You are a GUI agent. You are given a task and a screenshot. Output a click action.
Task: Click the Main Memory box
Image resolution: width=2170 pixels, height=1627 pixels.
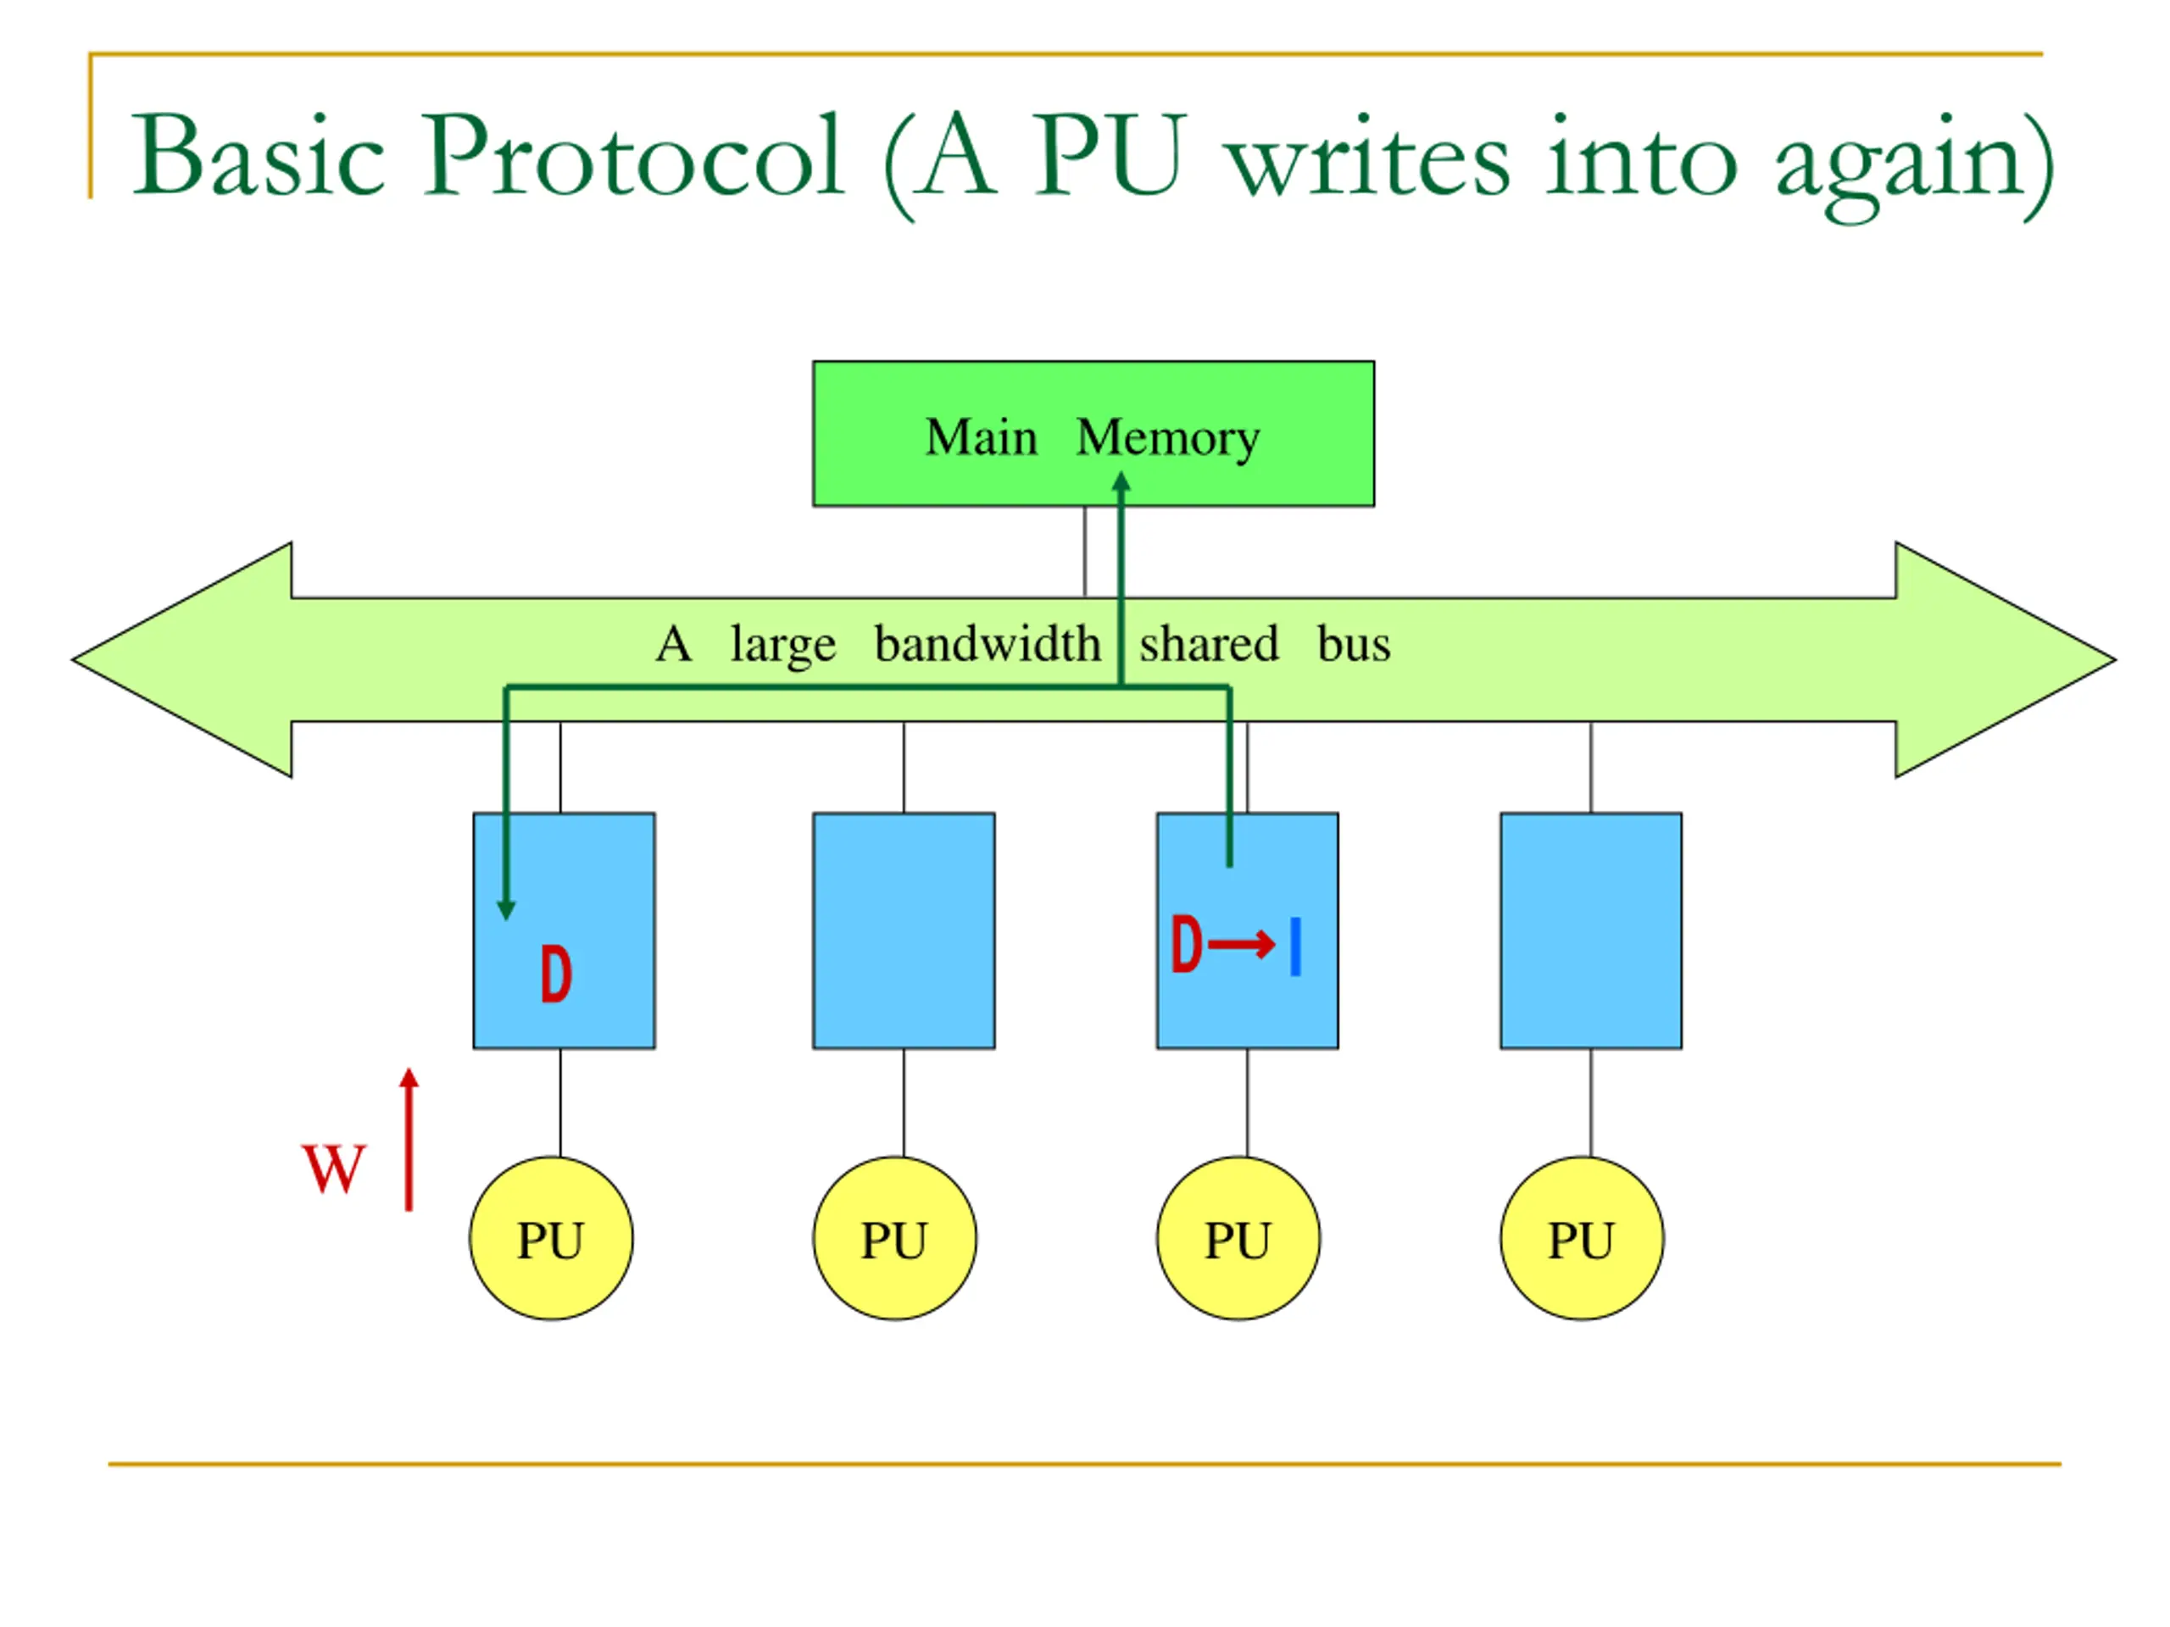pos(1093,434)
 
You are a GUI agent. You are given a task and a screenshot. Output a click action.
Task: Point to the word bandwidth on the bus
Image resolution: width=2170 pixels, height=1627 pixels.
pos(987,644)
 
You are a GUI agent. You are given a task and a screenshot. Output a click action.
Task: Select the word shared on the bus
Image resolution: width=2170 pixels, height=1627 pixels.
pos(1209,644)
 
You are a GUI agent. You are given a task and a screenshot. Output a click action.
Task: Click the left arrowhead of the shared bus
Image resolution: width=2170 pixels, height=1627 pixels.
pos(182,660)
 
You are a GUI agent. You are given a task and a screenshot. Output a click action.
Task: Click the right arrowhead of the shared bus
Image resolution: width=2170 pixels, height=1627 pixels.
pos(2006,660)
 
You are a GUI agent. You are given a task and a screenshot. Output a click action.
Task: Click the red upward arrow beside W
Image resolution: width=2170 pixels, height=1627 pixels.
pos(409,1139)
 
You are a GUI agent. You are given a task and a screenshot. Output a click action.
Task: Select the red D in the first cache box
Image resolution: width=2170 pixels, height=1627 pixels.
pos(556,974)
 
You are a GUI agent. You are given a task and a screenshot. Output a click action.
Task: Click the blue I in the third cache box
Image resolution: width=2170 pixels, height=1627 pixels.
pos(1296,947)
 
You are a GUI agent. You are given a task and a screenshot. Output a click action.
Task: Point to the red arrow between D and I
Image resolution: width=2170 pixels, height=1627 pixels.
pos(1241,945)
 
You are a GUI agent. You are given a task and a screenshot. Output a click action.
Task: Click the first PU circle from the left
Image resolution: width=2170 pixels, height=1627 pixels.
pos(551,1239)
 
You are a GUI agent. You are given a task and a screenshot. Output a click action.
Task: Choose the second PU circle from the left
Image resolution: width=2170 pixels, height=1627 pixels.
pos(894,1239)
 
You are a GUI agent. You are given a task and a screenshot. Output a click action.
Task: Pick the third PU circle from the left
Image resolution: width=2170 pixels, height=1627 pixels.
pos(1238,1239)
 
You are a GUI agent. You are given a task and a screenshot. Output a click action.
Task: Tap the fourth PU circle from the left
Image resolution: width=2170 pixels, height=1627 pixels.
pos(1582,1239)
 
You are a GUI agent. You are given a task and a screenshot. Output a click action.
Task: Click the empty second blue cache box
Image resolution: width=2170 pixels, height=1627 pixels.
pos(904,930)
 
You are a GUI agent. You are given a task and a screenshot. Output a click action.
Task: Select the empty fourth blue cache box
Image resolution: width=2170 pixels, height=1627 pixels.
pos(1590,930)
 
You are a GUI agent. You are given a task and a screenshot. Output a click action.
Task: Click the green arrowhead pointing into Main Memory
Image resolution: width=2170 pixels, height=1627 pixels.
pos(1121,481)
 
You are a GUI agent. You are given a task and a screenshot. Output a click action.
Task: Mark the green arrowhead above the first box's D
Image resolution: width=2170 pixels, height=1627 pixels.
pos(506,911)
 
